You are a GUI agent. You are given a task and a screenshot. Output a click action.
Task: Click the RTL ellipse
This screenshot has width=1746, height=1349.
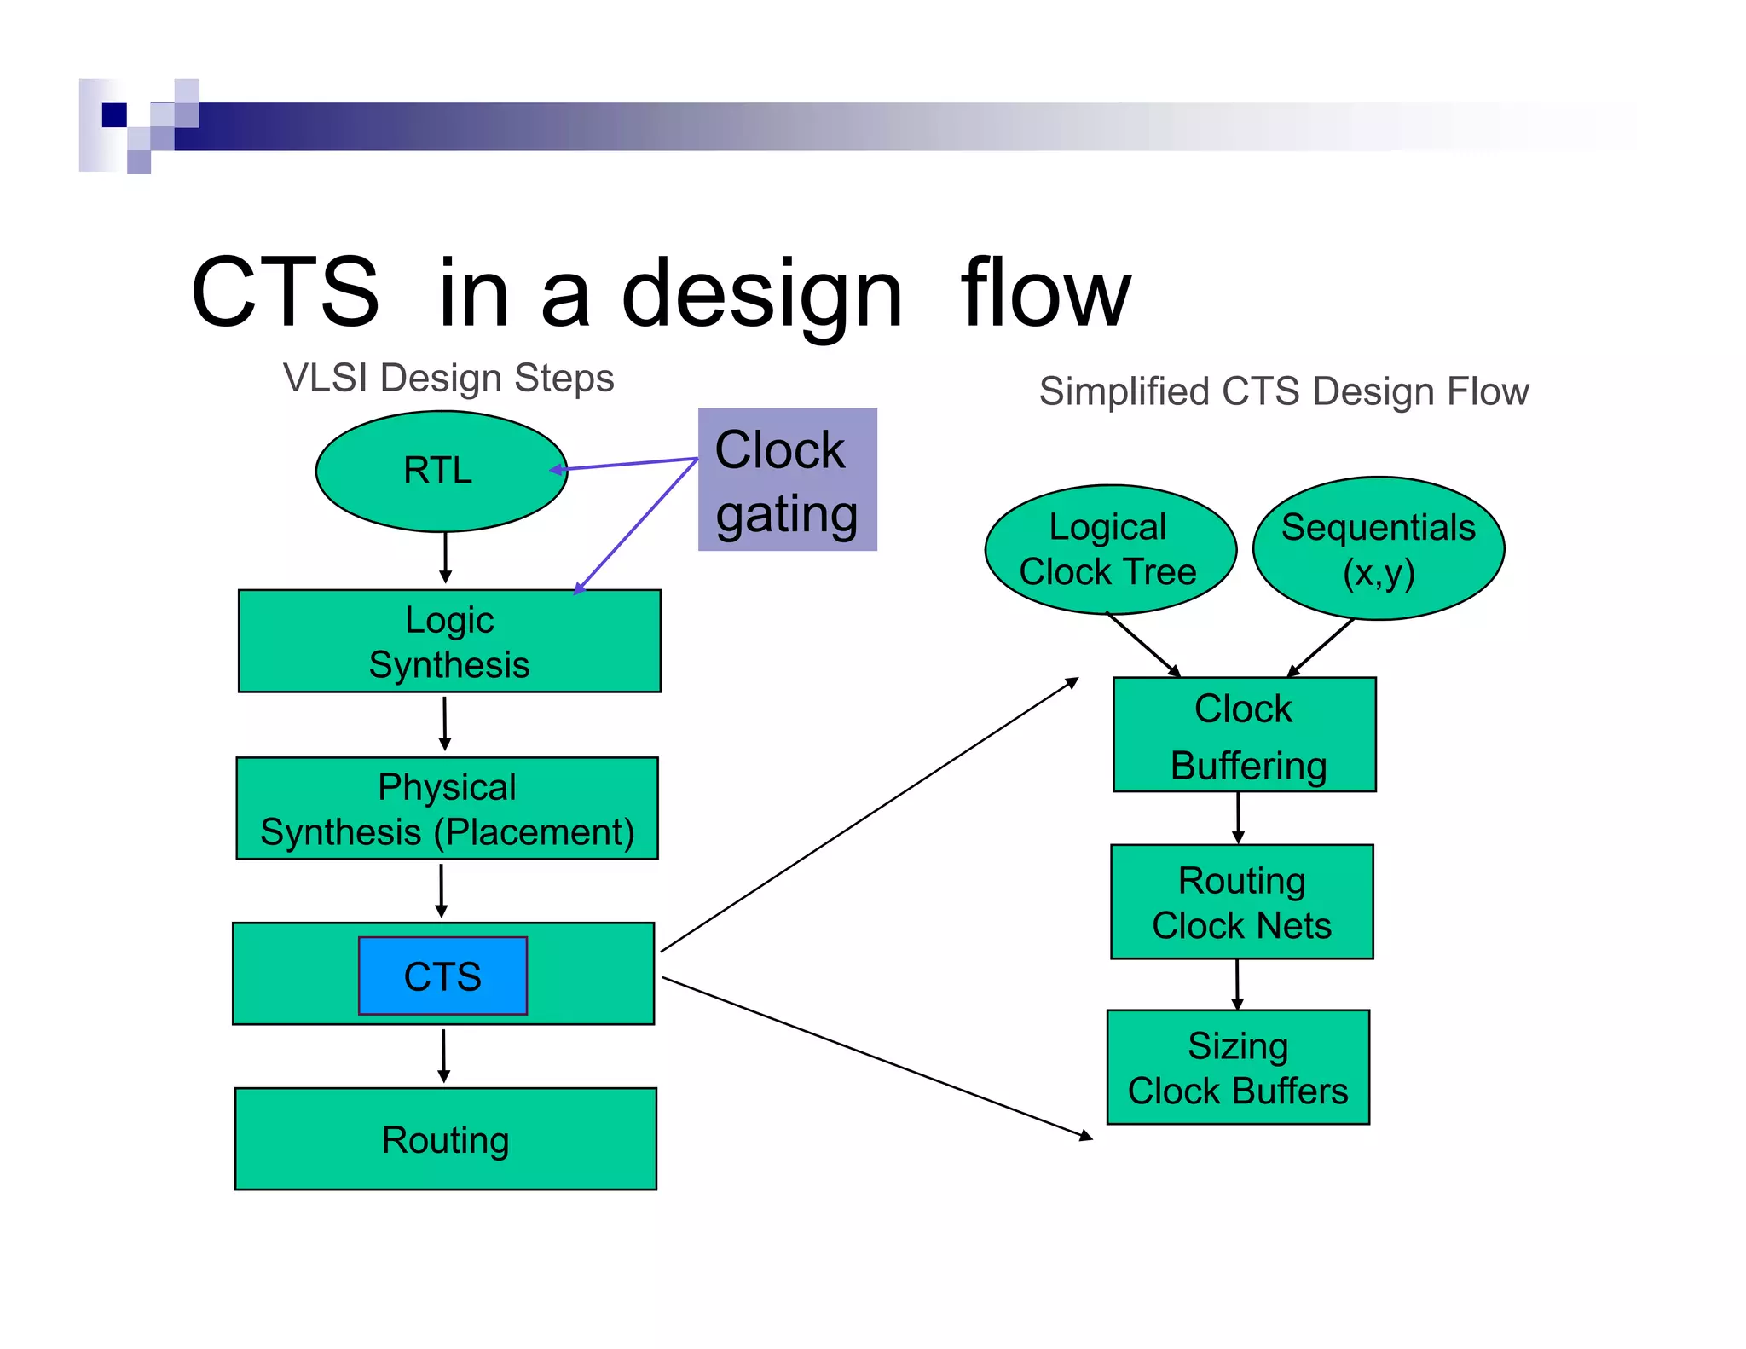click(440, 471)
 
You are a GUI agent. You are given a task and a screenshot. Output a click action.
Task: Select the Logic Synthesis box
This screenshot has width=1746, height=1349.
click(449, 641)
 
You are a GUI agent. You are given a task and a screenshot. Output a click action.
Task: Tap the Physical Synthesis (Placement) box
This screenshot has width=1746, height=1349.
click(447, 808)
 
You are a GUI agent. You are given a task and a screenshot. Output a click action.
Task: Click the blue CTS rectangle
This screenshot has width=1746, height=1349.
click(442, 976)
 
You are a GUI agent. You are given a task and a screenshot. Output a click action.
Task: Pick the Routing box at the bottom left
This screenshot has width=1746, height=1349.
click(445, 1139)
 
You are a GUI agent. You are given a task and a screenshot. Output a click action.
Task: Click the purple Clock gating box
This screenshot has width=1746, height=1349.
click(787, 480)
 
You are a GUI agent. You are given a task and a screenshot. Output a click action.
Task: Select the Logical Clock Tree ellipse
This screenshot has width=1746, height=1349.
click(1109, 550)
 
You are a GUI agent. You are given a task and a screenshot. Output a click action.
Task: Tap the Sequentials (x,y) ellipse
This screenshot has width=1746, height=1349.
click(1378, 549)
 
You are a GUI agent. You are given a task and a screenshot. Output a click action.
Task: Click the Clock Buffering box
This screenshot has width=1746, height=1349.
click(1244, 735)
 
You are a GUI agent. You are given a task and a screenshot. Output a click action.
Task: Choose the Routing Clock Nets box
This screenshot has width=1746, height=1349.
click(1241, 902)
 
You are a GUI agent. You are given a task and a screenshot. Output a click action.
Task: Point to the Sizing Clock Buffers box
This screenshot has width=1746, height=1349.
click(1238, 1068)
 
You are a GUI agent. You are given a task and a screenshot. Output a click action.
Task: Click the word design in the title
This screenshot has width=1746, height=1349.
click(761, 294)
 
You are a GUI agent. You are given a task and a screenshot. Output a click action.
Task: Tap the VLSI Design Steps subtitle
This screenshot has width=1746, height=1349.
click(448, 378)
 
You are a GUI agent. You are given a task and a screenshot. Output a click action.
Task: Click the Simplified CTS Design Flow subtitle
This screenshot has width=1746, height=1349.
click(1283, 391)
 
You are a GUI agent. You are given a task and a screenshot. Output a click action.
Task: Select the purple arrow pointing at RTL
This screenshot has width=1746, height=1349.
click(627, 464)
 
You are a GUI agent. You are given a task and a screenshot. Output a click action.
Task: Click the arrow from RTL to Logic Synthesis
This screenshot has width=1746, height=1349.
click(445, 558)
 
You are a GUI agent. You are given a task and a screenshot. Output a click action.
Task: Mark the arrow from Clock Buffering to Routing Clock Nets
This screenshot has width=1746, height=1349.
click(1238, 818)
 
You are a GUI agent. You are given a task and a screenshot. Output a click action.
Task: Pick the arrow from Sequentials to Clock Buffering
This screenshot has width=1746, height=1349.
click(1321, 648)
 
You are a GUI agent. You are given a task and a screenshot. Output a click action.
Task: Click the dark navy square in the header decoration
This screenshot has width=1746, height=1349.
click(114, 114)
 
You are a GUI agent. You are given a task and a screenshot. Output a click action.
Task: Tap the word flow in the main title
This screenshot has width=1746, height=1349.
click(1045, 294)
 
